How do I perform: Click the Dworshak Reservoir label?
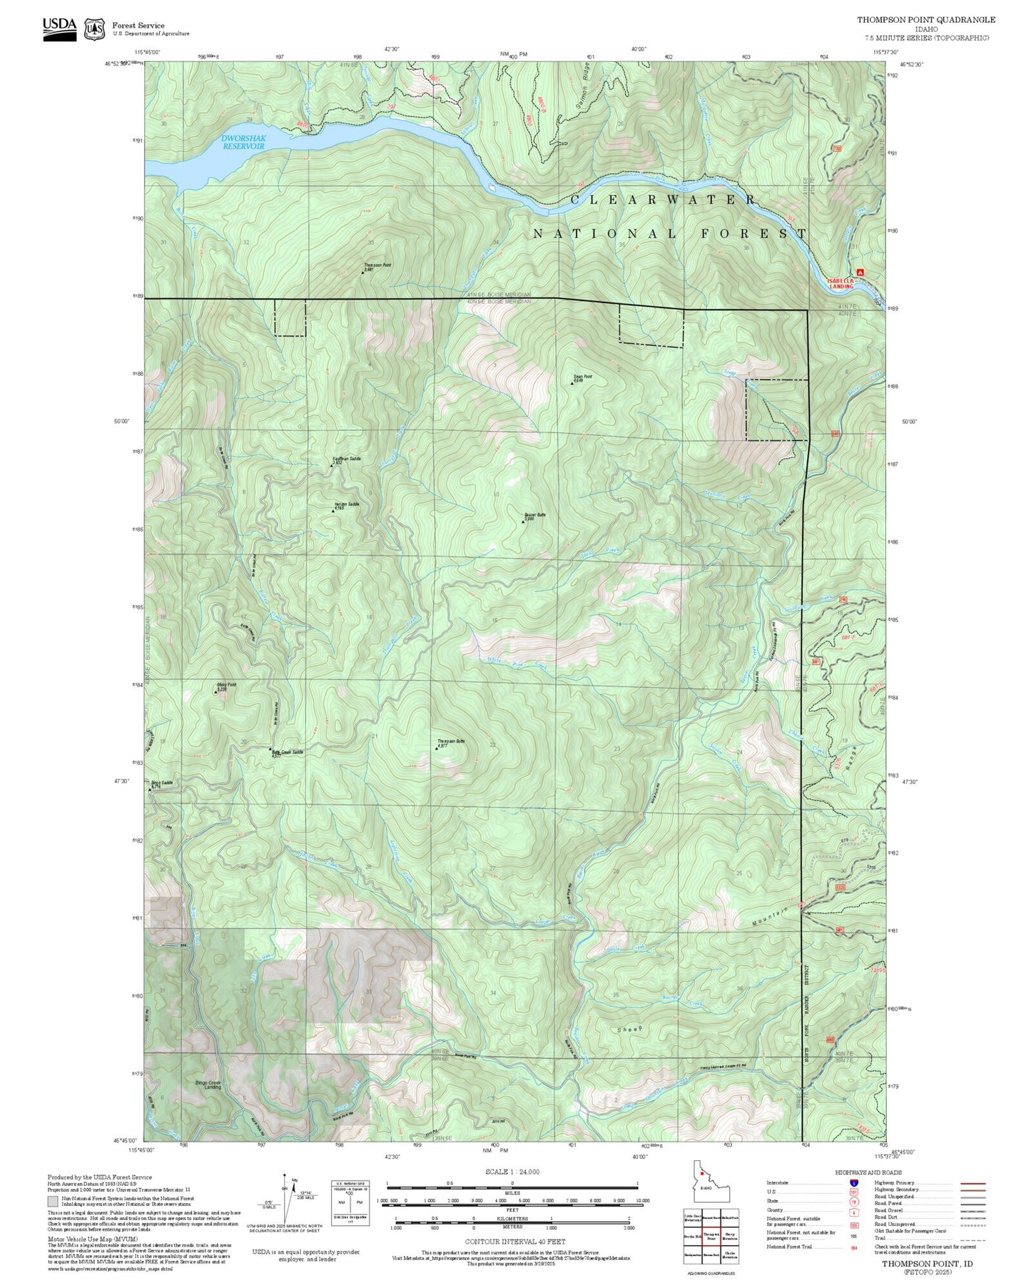(242, 142)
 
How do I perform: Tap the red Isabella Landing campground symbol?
(860, 272)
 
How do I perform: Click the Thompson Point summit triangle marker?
(362, 273)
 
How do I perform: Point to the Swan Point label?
(582, 377)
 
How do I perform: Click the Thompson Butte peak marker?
(437, 748)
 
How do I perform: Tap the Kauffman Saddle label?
(347, 459)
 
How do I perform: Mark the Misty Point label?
(225, 685)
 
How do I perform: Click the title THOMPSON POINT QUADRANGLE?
(925, 20)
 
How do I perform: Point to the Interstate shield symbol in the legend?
(853, 1183)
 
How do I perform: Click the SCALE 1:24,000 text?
(512, 1172)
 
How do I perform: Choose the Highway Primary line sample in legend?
(973, 1183)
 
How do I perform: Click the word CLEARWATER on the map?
(664, 200)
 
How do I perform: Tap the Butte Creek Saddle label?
(287, 752)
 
